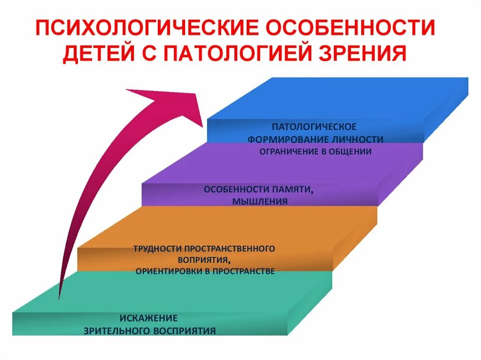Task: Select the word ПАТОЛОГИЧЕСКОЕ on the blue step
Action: (314, 127)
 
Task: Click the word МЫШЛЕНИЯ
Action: (259, 201)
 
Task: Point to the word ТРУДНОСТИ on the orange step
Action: (157, 248)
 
